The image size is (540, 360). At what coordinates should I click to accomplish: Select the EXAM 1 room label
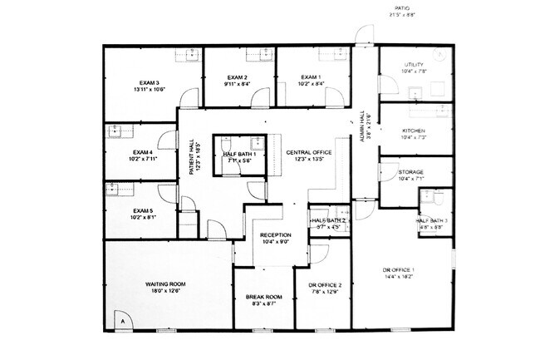pyautogui.click(x=312, y=76)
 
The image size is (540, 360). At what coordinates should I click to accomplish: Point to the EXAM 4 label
pyautogui.click(x=140, y=153)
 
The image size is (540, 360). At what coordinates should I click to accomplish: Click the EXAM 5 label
pyautogui.click(x=140, y=212)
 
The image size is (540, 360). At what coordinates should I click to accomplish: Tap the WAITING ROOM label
pyautogui.click(x=164, y=284)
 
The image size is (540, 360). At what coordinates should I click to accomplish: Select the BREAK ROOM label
pyautogui.click(x=265, y=298)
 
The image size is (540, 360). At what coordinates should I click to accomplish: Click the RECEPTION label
pyautogui.click(x=275, y=235)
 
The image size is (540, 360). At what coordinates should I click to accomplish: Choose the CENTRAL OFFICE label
pyautogui.click(x=309, y=153)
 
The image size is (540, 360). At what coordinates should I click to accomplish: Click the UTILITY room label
pyautogui.click(x=414, y=65)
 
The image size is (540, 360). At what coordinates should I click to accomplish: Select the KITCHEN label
pyautogui.click(x=414, y=131)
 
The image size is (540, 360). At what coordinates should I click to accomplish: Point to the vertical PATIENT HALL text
pyautogui.click(x=193, y=156)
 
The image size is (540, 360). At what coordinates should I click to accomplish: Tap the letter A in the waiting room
pyautogui.click(x=122, y=320)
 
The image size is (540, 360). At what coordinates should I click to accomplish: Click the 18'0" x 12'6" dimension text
pyautogui.click(x=164, y=291)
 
